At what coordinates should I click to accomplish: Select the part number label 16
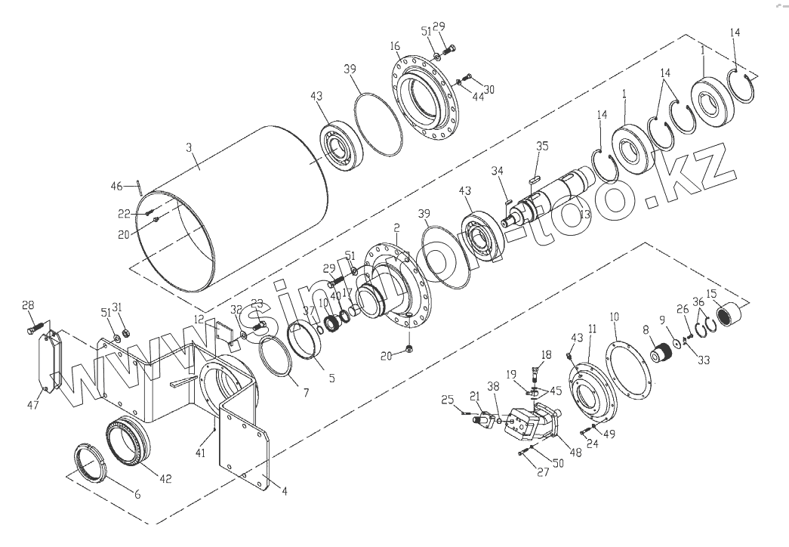tap(394, 47)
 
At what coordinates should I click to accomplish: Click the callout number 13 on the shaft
tap(585, 215)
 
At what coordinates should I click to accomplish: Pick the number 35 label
tap(541, 147)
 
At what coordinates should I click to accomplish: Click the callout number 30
tap(489, 90)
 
